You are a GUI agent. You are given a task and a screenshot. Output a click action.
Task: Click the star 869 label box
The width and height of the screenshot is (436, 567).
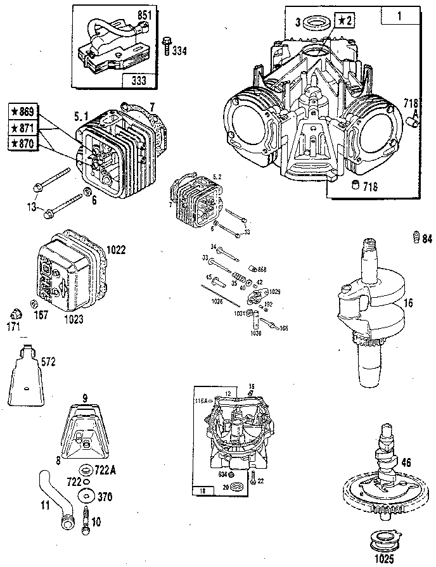[23, 111]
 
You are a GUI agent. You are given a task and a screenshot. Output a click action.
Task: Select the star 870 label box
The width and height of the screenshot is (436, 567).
[23, 143]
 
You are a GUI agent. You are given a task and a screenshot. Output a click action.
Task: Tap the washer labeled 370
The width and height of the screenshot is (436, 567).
[85, 495]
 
